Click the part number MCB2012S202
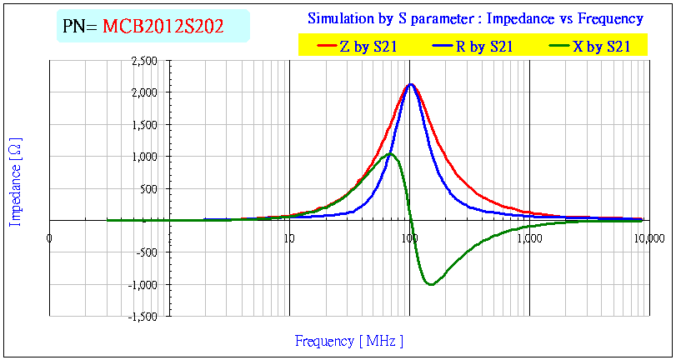163,27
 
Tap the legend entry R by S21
483,47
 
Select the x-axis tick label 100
409,237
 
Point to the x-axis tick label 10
289,237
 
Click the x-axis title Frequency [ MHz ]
348,341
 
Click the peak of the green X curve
389,154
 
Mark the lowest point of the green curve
430,285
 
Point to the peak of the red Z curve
410,84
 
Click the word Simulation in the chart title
339,18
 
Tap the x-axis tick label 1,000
529,237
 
